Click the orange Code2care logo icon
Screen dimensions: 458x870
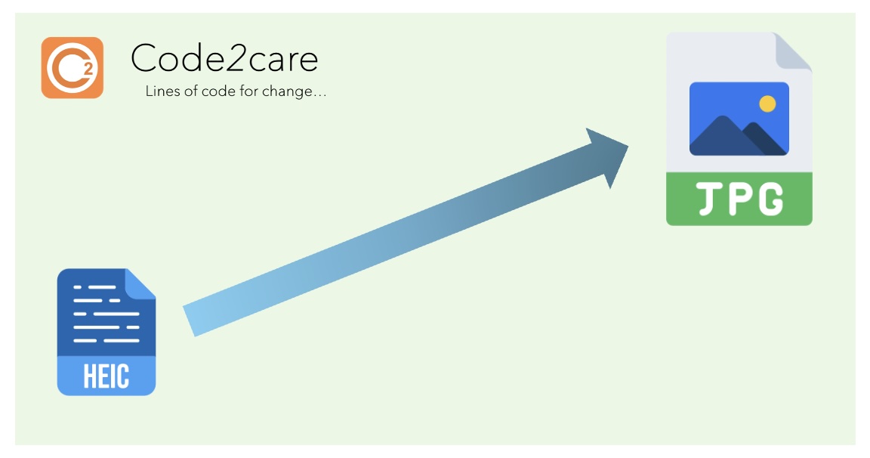(x=72, y=67)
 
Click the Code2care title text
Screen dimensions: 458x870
(x=224, y=58)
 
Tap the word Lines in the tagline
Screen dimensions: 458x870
(x=160, y=93)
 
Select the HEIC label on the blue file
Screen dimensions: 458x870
(x=106, y=376)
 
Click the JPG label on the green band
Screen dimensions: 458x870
(x=739, y=199)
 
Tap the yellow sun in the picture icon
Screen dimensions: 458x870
(x=767, y=104)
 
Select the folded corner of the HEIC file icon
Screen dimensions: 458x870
(x=141, y=283)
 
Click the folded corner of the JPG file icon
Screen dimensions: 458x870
(x=793, y=51)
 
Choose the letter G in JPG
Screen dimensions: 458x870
(x=770, y=200)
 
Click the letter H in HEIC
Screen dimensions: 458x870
(x=88, y=376)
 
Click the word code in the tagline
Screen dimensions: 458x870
(x=233, y=93)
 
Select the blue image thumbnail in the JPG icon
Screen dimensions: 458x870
(x=739, y=119)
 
